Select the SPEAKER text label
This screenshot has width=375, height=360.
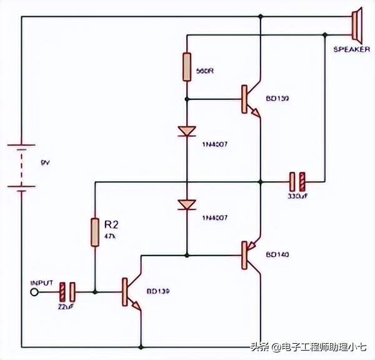click(x=351, y=49)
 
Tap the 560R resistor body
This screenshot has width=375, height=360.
click(x=187, y=67)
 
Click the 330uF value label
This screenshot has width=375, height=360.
click(x=296, y=196)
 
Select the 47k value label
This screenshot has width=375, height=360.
click(x=109, y=236)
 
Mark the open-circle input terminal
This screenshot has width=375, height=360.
click(x=34, y=292)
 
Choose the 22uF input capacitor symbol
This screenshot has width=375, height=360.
click(x=68, y=292)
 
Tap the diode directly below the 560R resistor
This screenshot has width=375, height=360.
click(x=187, y=131)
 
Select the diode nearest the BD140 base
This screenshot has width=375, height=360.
click(x=187, y=204)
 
